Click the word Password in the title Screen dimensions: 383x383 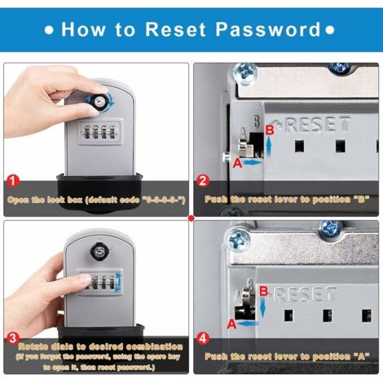(271, 30)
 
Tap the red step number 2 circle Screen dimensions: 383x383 (202, 181)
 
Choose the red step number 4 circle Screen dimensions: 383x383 (202, 336)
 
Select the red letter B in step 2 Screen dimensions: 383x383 (269, 130)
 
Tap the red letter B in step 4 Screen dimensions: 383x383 (262, 290)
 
